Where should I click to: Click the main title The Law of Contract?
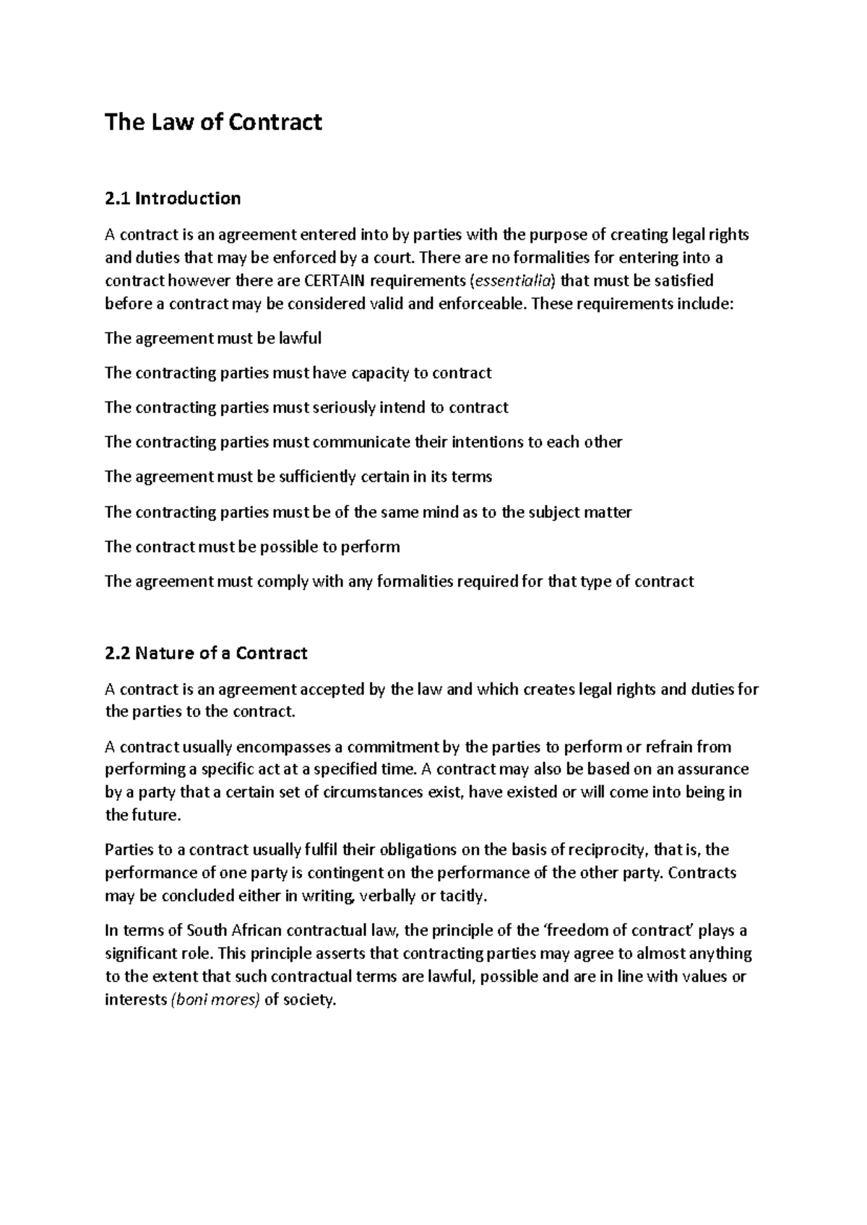(x=213, y=122)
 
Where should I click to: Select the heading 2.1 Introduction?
(x=173, y=198)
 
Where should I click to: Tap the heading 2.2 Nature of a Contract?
(x=206, y=653)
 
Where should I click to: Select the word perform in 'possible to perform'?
(x=371, y=547)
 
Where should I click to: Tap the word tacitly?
(x=464, y=896)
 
